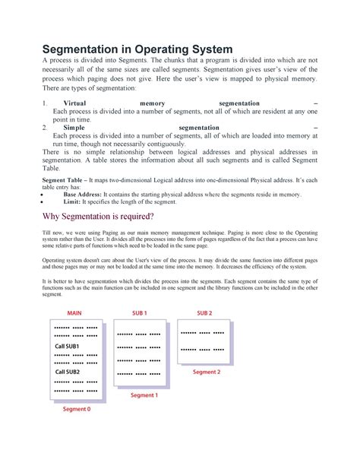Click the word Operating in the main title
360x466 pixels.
pyautogui.click(x=197, y=49)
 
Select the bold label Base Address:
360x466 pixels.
pyautogui.click(x=83, y=195)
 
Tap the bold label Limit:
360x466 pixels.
pyautogui.click(x=73, y=201)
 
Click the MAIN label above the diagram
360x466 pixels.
pyautogui.click(x=74, y=313)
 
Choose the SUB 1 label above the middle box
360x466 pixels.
pyautogui.click(x=140, y=313)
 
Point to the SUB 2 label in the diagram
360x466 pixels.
pyautogui.click(x=204, y=313)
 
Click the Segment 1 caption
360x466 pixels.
pyautogui.click(x=144, y=395)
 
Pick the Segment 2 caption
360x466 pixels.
pyautogui.click(x=206, y=372)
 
